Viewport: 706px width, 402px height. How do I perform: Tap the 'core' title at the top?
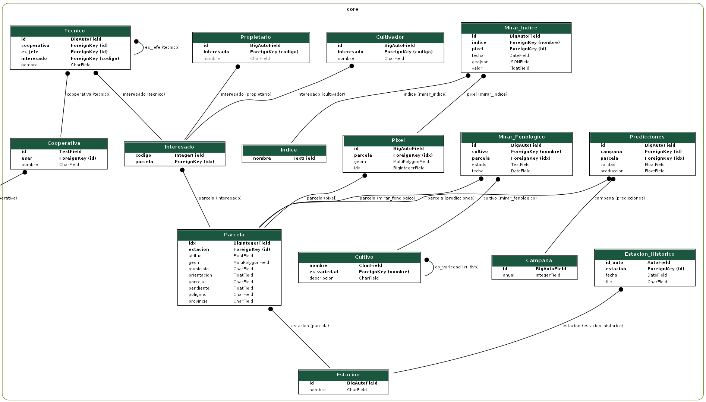[x=352, y=9]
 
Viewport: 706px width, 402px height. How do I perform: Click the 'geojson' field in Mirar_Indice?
[x=480, y=62]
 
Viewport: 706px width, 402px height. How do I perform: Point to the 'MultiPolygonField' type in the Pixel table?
[x=411, y=162]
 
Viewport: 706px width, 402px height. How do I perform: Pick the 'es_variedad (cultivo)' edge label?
[x=457, y=267]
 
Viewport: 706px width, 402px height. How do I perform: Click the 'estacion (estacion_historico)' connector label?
[x=593, y=326]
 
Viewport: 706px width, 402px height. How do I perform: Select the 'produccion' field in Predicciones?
[x=612, y=171]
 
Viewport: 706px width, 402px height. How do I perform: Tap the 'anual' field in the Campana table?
[x=508, y=275]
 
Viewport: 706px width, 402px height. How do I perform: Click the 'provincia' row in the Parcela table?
[x=198, y=301]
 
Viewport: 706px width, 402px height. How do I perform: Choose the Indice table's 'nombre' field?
[x=262, y=158]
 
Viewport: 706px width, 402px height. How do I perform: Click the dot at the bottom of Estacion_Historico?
[x=621, y=290]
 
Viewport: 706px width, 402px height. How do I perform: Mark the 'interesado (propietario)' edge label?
[x=246, y=94]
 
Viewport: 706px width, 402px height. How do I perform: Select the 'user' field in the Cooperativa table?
[x=27, y=158]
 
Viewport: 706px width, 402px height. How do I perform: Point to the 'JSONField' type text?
[x=519, y=62]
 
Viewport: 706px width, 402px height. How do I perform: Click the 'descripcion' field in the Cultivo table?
[x=321, y=278]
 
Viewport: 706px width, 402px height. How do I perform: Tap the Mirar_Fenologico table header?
[x=517, y=137]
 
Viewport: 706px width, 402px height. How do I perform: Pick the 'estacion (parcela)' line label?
[x=310, y=326]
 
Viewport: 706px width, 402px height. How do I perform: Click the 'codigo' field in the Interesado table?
[x=143, y=155]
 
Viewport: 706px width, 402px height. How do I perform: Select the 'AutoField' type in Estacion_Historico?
[x=659, y=262]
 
